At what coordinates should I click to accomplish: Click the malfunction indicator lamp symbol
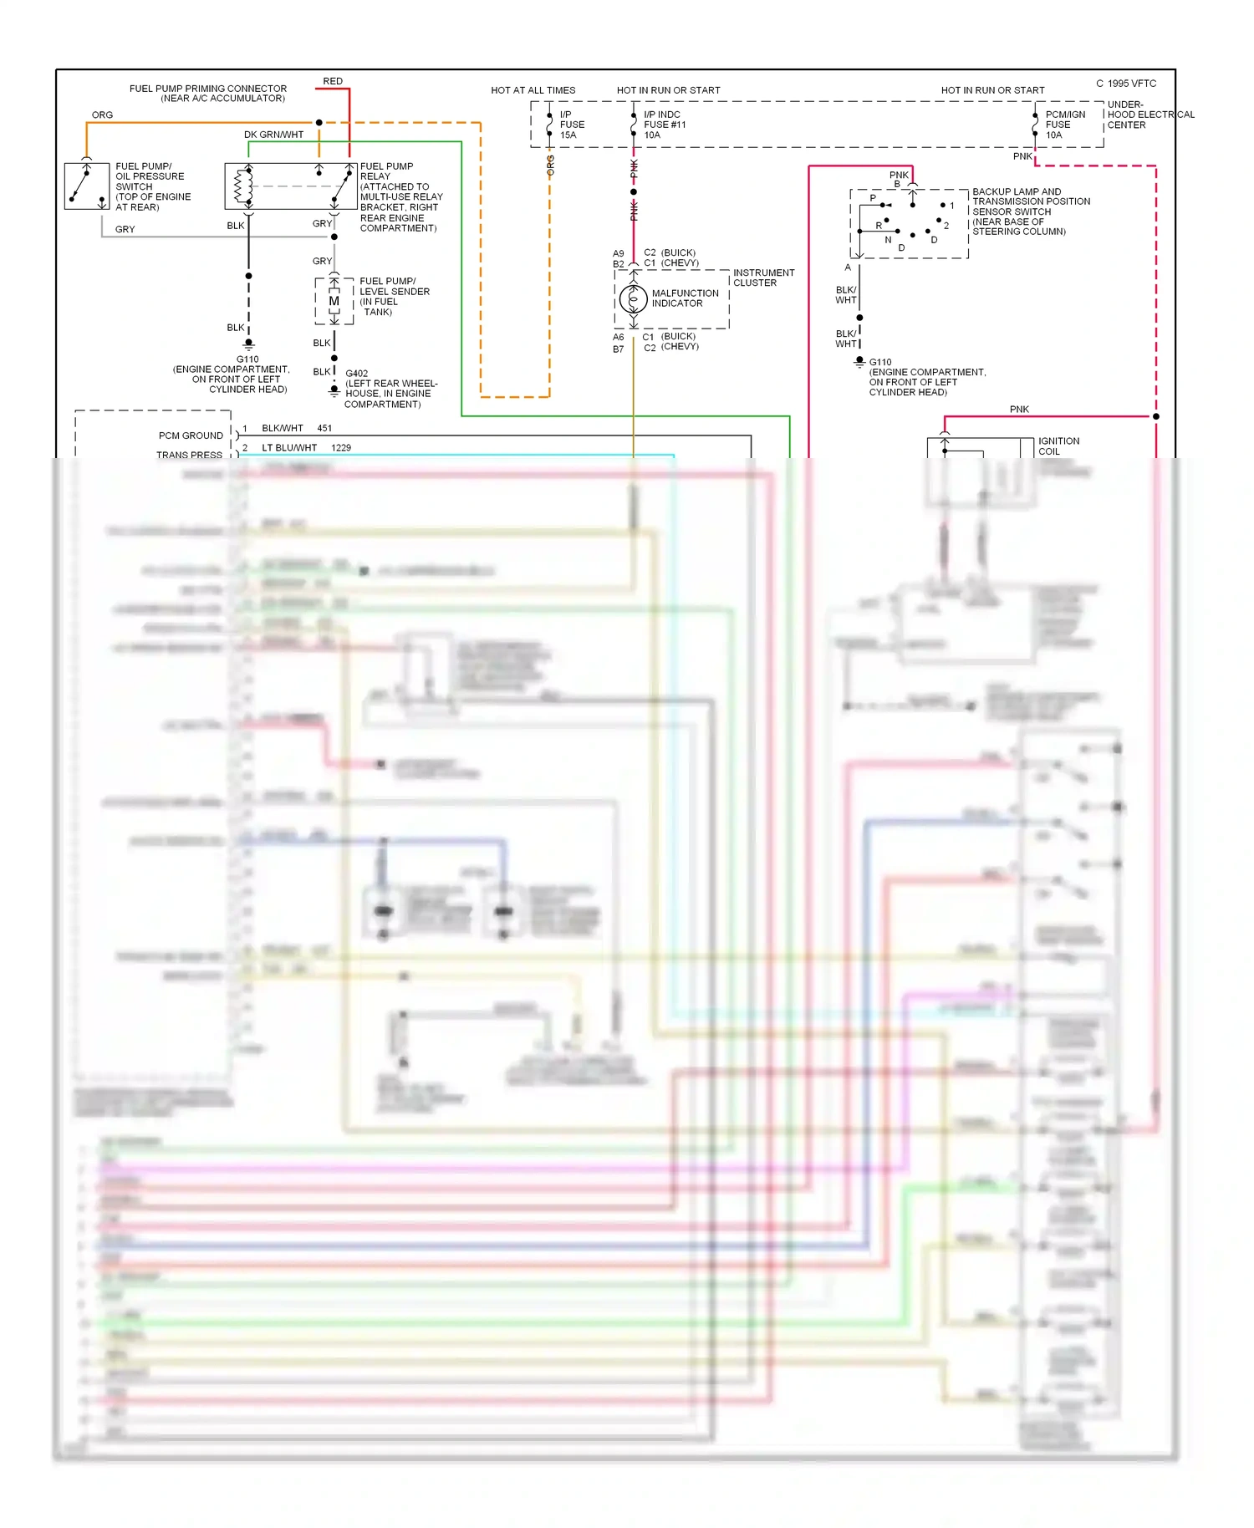633,298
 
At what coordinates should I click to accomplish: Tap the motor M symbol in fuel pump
334,301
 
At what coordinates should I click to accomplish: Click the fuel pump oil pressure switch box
87,186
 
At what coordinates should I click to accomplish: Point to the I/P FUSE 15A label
572,125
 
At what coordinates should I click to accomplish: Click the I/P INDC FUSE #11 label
665,125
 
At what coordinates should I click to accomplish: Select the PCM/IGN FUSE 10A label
1065,125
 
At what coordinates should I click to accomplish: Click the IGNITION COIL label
1058,446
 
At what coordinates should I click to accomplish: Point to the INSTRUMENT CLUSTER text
763,278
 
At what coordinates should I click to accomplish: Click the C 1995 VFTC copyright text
1126,84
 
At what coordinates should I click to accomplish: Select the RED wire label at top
333,81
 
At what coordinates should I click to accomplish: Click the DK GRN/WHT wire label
273,135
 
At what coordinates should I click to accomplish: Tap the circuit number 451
324,428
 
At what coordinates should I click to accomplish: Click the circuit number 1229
341,448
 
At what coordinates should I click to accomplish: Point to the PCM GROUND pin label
191,435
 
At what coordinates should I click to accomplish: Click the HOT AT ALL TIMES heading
533,90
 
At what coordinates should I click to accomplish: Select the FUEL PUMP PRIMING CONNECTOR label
207,93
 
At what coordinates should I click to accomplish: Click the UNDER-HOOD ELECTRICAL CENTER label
1149,115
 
